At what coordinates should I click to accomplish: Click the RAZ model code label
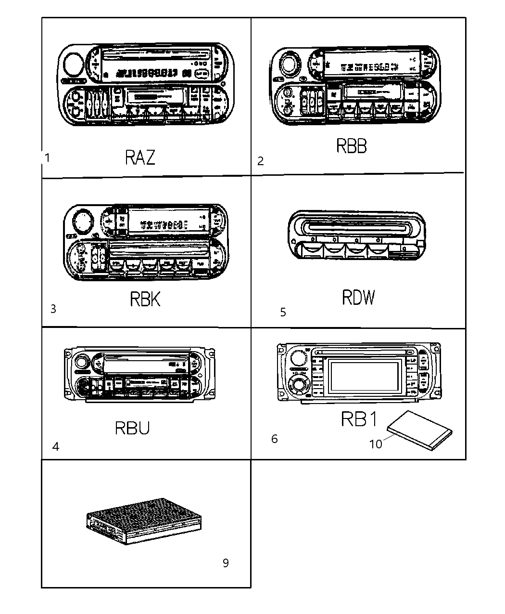(x=140, y=157)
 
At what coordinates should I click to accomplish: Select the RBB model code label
(x=351, y=146)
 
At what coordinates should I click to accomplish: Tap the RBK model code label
(x=145, y=299)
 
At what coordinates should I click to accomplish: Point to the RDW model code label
(x=358, y=298)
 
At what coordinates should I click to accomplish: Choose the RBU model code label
(x=132, y=428)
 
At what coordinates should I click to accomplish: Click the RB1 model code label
(x=360, y=419)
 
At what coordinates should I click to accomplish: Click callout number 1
(x=47, y=157)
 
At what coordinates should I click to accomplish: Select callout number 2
(x=260, y=161)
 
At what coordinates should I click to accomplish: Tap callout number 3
(x=53, y=309)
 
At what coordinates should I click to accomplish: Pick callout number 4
(x=56, y=447)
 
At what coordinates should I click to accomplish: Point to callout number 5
(x=283, y=313)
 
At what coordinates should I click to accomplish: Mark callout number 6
(x=274, y=439)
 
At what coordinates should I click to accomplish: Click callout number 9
(x=226, y=562)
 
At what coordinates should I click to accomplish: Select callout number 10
(x=375, y=444)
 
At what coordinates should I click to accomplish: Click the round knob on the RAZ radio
(x=72, y=64)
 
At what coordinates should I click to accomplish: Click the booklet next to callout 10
(x=420, y=430)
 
